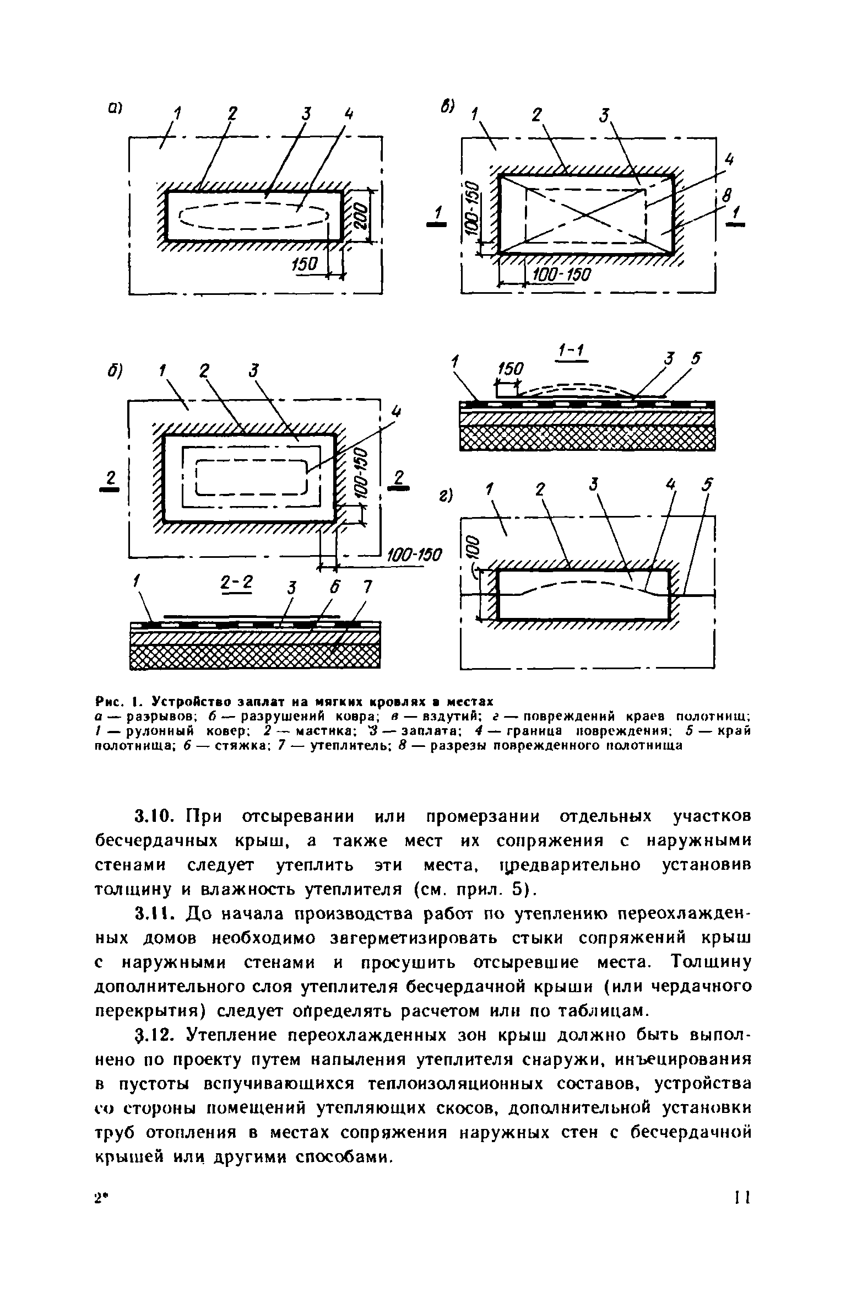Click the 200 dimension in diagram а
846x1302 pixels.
pyautogui.click(x=361, y=215)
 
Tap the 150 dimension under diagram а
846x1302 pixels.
pyautogui.click(x=302, y=265)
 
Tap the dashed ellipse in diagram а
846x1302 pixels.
pyautogui.click(x=254, y=216)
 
